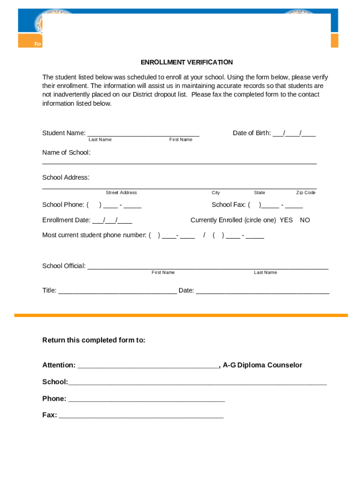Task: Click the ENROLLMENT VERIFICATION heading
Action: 187,62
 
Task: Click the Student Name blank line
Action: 143,134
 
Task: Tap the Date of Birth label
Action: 252,133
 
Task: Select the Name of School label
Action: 66,152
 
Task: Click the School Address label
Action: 65,177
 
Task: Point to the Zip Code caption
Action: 306,193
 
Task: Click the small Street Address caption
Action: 121,193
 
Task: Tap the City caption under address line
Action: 216,193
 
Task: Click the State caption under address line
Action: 259,193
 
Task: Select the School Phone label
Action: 63,204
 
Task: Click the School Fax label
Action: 229,204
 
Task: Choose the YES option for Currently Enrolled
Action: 286,220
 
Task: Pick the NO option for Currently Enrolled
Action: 305,220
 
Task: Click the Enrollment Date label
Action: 66,220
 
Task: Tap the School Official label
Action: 64,266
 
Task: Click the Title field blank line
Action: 117,291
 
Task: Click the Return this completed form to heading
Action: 94,340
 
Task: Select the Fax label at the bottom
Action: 50,415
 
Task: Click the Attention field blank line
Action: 148,366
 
